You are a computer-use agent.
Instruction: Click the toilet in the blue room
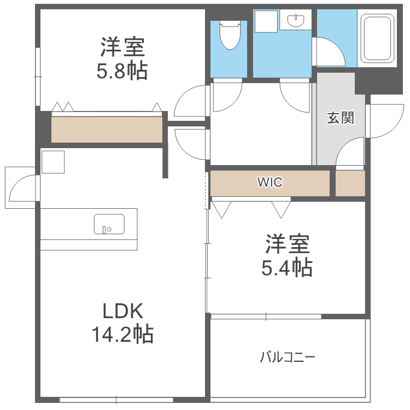click(x=230, y=36)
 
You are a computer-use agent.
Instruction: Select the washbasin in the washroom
click(x=296, y=20)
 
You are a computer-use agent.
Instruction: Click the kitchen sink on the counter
click(x=109, y=224)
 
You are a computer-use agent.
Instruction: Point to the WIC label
click(x=270, y=182)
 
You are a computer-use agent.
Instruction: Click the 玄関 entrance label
click(x=341, y=118)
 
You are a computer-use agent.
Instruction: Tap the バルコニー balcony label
click(x=288, y=357)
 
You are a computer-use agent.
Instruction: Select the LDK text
click(x=122, y=311)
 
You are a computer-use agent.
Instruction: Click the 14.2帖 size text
click(x=122, y=334)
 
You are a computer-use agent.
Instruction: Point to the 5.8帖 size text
click(x=122, y=71)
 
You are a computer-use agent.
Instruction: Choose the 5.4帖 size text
click(x=287, y=267)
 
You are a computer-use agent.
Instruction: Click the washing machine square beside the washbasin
click(x=266, y=21)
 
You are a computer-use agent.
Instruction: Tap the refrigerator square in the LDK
click(x=53, y=162)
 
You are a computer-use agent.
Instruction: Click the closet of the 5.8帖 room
click(x=107, y=130)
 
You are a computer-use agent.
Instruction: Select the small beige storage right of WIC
click(x=350, y=183)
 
